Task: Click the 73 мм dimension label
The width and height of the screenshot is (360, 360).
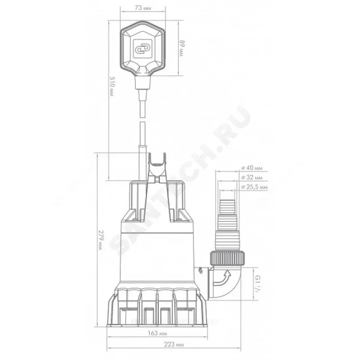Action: (143, 8)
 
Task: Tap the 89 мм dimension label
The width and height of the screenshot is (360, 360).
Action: (182, 49)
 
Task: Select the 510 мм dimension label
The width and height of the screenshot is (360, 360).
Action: (112, 86)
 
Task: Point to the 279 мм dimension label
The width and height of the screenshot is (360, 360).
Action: (101, 240)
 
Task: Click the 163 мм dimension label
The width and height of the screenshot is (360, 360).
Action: (157, 333)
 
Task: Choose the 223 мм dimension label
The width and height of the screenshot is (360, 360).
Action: (174, 344)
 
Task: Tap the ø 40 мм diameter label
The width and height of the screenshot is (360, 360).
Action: (252, 168)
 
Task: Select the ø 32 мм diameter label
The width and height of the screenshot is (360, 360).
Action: (252, 177)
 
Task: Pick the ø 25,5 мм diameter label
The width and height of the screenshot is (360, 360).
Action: (254, 187)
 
